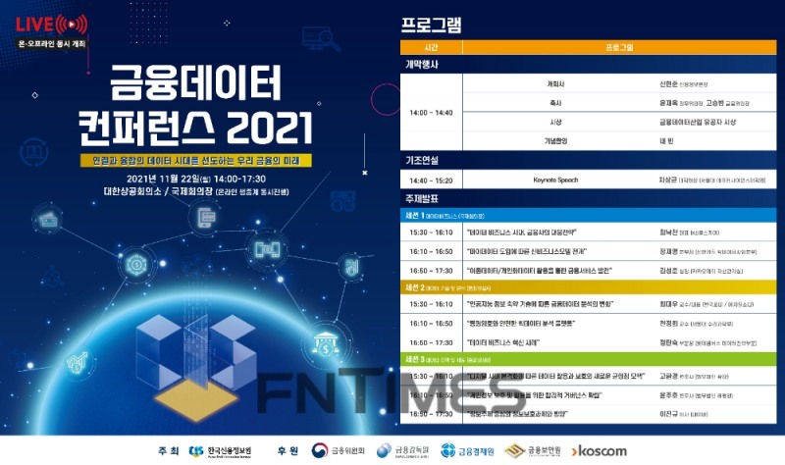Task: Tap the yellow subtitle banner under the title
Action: point(197,159)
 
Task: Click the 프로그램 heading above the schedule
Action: point(432,23)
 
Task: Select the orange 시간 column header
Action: point(431,46)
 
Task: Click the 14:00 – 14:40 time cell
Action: point(432,112)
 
